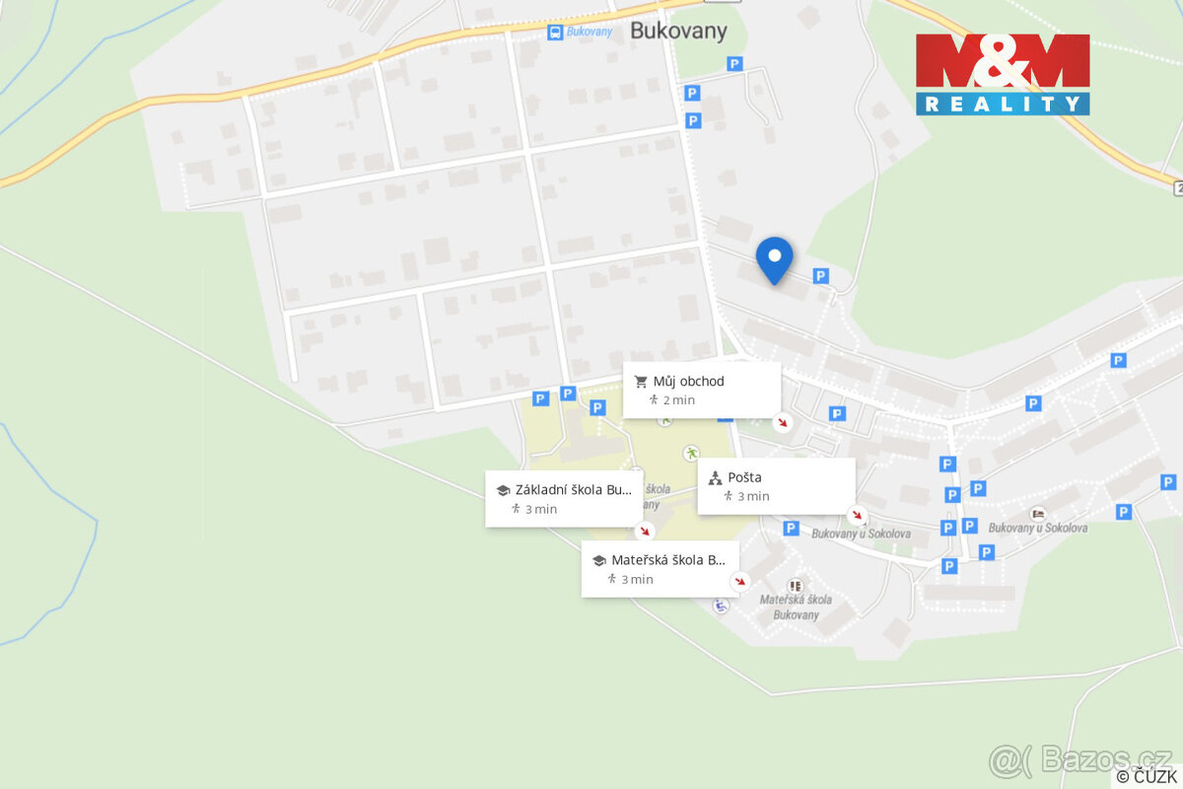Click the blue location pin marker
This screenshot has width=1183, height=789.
click(x=775, y=259)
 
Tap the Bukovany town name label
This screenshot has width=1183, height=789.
click(x=678, y=31)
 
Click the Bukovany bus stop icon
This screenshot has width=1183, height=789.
click(x=556, y=33)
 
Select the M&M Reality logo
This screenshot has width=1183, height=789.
click(x=1003, y=74)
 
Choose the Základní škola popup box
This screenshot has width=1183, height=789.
click(x=564, y=498)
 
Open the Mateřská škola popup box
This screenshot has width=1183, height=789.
click(x=660, y=568)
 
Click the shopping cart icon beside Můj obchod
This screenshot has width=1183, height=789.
click(x=641, y=382)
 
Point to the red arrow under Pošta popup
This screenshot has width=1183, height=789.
click(x=858, y=515)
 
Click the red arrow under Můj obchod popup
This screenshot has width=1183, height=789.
click(x=782, y=422)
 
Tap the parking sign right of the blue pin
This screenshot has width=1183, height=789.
click(x=820, y=276)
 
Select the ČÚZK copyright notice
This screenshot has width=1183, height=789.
click(x=1147, y=776)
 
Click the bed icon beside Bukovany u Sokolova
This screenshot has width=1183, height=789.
click(x=1036, y=514)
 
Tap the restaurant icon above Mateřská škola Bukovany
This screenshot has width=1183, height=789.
click(x=796, y=585)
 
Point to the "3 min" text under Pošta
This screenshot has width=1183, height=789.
click(x=753, y=496)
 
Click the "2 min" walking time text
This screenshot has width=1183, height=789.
click(x=678, y=400)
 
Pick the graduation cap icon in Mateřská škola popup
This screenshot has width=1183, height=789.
click(x=598, y=560)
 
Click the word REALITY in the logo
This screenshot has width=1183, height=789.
click(x=1003, y=104)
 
